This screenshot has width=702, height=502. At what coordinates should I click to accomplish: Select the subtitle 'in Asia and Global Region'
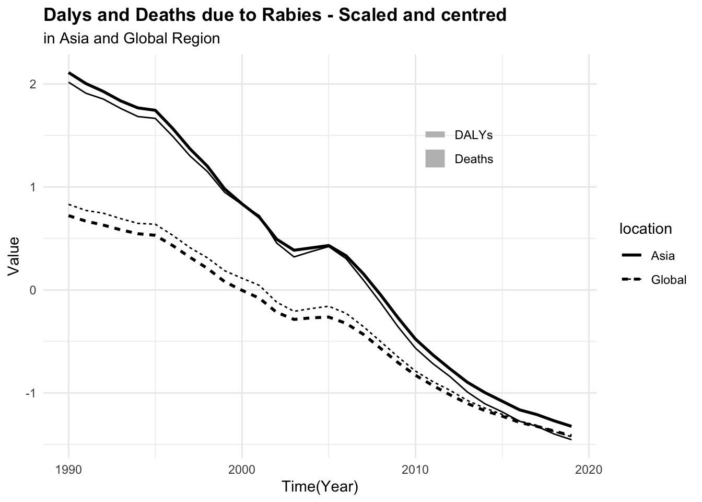132,39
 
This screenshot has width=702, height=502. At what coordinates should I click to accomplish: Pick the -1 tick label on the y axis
29,393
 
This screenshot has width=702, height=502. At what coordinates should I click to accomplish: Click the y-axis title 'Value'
14,256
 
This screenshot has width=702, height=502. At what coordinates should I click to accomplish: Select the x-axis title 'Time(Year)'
320,487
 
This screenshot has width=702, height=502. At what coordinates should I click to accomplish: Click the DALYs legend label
474,135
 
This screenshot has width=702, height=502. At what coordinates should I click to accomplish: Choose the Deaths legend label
474,159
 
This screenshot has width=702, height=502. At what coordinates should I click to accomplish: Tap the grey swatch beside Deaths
435,159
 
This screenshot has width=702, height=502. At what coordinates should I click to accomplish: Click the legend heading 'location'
645,229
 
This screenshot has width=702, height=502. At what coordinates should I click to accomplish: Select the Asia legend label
663,256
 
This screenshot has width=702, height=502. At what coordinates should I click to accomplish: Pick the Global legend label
669,280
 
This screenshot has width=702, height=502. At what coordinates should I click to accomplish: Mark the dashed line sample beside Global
631,280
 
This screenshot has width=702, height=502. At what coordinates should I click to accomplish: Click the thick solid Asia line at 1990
69,73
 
